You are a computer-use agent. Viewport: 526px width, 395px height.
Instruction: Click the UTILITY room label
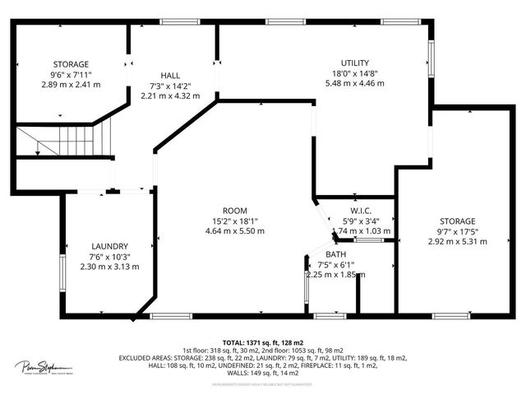click(355, 63)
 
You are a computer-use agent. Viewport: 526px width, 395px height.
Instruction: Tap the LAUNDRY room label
click(110, 246)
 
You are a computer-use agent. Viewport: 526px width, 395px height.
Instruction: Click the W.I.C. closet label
click(356, 209)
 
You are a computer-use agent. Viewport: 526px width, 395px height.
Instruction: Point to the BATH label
click(335, 254)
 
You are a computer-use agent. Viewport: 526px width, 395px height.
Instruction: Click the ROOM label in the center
click(235, 211)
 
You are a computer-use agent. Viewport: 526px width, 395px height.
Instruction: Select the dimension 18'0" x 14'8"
click(355, 72)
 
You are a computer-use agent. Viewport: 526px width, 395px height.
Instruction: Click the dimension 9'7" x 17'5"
click(457, 231)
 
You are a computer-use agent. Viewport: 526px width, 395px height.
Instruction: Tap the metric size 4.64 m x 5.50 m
click(235, 231)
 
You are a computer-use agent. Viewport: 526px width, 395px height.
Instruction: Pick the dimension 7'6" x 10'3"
click(110, 257)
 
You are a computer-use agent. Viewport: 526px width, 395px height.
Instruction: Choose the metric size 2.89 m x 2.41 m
click(71, 84)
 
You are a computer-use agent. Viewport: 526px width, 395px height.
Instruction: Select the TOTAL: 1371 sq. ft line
click(263, 341)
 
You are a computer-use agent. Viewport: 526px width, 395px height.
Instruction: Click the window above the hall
click(174, 21)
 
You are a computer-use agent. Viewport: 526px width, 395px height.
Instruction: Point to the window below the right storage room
click(450, 315)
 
